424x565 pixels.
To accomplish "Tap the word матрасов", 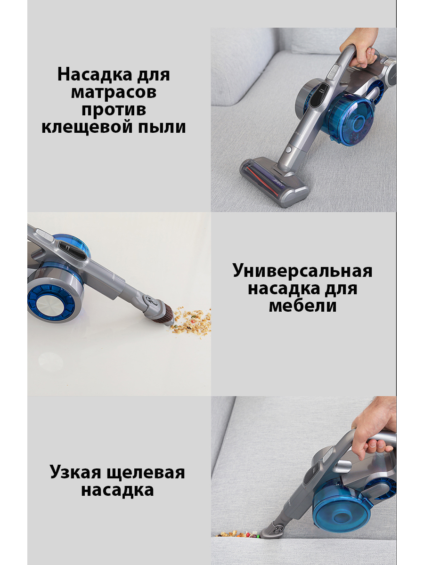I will pyautogui.click(x=114, y=92).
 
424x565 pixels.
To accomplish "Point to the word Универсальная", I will pyautogui.click(x=302, y=271).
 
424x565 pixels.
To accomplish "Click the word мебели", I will pyautogui.click(x=302, y=307).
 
